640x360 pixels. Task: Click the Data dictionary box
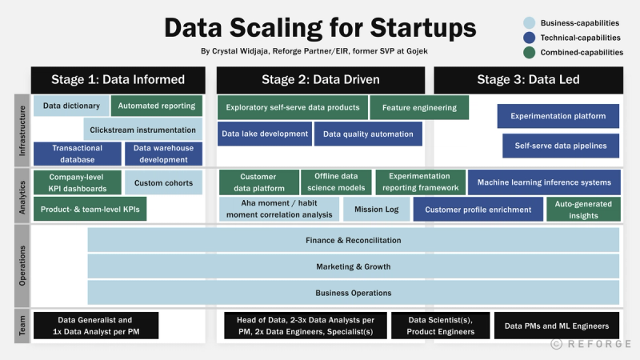tap(71, 106)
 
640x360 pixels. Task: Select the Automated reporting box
tap(157, 106)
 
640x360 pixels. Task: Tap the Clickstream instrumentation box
tap(143, 130)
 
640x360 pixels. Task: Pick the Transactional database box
tap(77, 154)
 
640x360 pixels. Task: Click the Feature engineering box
tap(419, 107)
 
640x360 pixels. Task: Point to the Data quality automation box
tap(368, 134)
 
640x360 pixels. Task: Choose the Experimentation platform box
tap(558, 116)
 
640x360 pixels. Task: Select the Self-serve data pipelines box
tap(561, 146)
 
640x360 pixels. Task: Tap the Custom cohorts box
tap(163, 183)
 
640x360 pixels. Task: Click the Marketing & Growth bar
tap(353, 266)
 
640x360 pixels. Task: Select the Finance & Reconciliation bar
tap(353, 240)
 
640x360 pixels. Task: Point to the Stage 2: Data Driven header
tap(321, 79)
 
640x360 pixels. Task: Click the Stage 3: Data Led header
tap(528, 79)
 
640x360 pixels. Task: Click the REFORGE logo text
tap(599, 344)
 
